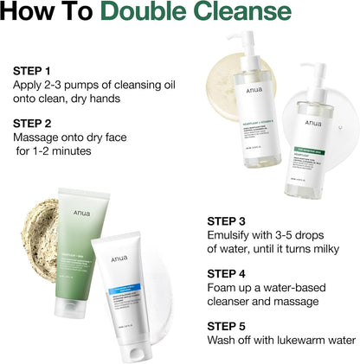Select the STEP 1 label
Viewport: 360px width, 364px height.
pyautogui.click(x=32, y=70)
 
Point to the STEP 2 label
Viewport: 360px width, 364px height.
pyautogui.click(x=32, y=123)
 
